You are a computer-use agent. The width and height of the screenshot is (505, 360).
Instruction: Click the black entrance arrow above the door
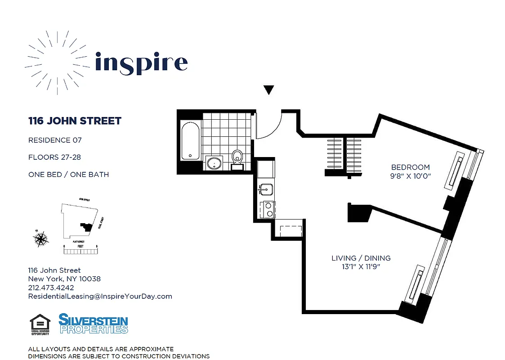(268, 90)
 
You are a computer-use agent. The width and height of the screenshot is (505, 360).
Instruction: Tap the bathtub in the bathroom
(190, 140)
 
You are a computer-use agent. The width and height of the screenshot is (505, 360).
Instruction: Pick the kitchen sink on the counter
(266, 189)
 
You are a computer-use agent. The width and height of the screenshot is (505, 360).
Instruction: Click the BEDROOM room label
(410, 167)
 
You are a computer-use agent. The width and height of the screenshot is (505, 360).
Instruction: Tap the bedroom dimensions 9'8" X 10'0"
(410, 176)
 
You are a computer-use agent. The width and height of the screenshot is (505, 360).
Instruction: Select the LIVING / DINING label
(361, 258)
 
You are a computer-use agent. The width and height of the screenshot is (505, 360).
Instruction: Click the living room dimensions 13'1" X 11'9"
(361, 267)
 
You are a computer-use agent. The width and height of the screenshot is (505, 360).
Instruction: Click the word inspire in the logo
(141, 63)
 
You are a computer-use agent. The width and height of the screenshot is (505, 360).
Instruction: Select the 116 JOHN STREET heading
(75, 121)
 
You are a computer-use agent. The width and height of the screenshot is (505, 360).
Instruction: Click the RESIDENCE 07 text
(55, 140)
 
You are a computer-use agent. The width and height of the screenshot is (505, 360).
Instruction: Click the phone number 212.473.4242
(51, 288)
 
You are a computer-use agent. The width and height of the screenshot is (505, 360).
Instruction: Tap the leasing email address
(100, 296)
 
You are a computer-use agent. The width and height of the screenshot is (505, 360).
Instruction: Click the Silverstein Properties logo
(94, 324)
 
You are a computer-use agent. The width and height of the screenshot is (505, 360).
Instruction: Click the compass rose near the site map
(41, 238)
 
